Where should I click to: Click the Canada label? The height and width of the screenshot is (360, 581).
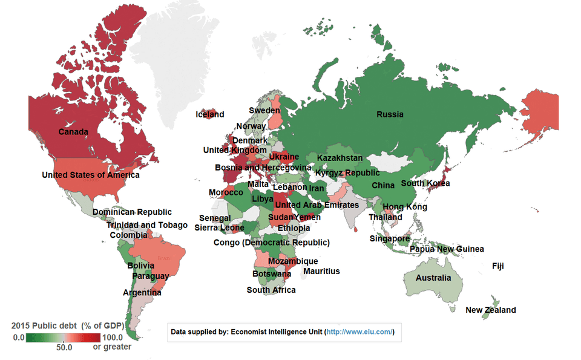(x=73, y=132)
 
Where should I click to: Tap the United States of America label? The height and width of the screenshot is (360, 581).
(x=91, y=175)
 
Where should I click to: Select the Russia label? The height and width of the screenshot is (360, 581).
(x=390, y=115)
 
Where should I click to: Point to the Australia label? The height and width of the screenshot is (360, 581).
(x=433, y=278)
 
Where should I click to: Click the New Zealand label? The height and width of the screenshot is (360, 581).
(x=491, y=310)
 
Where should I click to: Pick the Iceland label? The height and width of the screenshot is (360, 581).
(x=210, y=115)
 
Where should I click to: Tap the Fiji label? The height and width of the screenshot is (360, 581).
(x=498, y=266)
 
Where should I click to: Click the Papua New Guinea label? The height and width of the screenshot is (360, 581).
(x=447, y=249)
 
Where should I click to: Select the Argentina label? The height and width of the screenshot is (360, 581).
(x=142, y=293)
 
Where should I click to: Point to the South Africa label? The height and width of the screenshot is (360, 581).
(x=271, y=290)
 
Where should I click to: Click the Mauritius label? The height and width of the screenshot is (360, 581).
(x=321, y=272)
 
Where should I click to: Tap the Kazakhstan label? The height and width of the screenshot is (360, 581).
(x=340, y=159)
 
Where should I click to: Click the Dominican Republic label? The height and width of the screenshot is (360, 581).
(x=132, y=212)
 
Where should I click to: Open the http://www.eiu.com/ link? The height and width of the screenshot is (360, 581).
(x=359, y=332)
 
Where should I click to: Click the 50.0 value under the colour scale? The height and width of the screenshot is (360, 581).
(x=65, y=348)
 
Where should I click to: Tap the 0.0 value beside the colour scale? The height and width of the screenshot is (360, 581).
(x=19, y=338)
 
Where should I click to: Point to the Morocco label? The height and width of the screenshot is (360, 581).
(x=226, y=193)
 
